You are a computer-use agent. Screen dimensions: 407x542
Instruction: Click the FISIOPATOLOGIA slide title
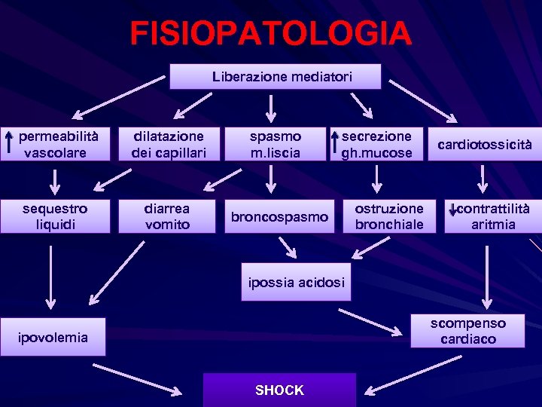pyautogui.click(x=270, y=33)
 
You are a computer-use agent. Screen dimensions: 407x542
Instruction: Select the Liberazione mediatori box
pyautogui.click(x=276, y=76)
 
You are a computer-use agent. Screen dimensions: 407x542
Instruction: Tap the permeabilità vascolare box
pyautogui.click(x=54, y=144)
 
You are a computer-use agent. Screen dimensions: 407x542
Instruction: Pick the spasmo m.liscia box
pyautogui.click(x=276, y=144)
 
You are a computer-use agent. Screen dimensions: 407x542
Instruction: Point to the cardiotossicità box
pyautogui.click(x=484, y=144)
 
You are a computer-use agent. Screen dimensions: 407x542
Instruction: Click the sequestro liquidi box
pyautogui.click(x=54, y=216)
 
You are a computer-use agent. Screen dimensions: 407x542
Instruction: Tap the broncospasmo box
pyautogui.click(x=279, y=217)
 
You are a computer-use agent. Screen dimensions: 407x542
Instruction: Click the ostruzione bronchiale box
pyautogui.click(x=389, y=216)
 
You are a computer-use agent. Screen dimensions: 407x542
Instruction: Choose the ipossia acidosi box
pyautogui.click(x=296, y=282)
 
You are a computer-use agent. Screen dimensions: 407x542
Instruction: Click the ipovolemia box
pyautogui.click(x=53, y=338)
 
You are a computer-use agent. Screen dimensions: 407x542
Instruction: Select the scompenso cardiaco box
pyautogui.click(x=467, y=331)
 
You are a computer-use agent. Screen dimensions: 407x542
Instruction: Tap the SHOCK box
pyautogui.click(x=279, y=390)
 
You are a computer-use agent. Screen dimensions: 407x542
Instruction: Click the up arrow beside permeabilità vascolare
pyautogui.click(x=9, y=143)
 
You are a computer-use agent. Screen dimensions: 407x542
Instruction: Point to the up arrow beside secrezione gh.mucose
pyautogui.click(x=333, y=143)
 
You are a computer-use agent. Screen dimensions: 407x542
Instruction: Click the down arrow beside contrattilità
pyautogui.click(x=452, y=211)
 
